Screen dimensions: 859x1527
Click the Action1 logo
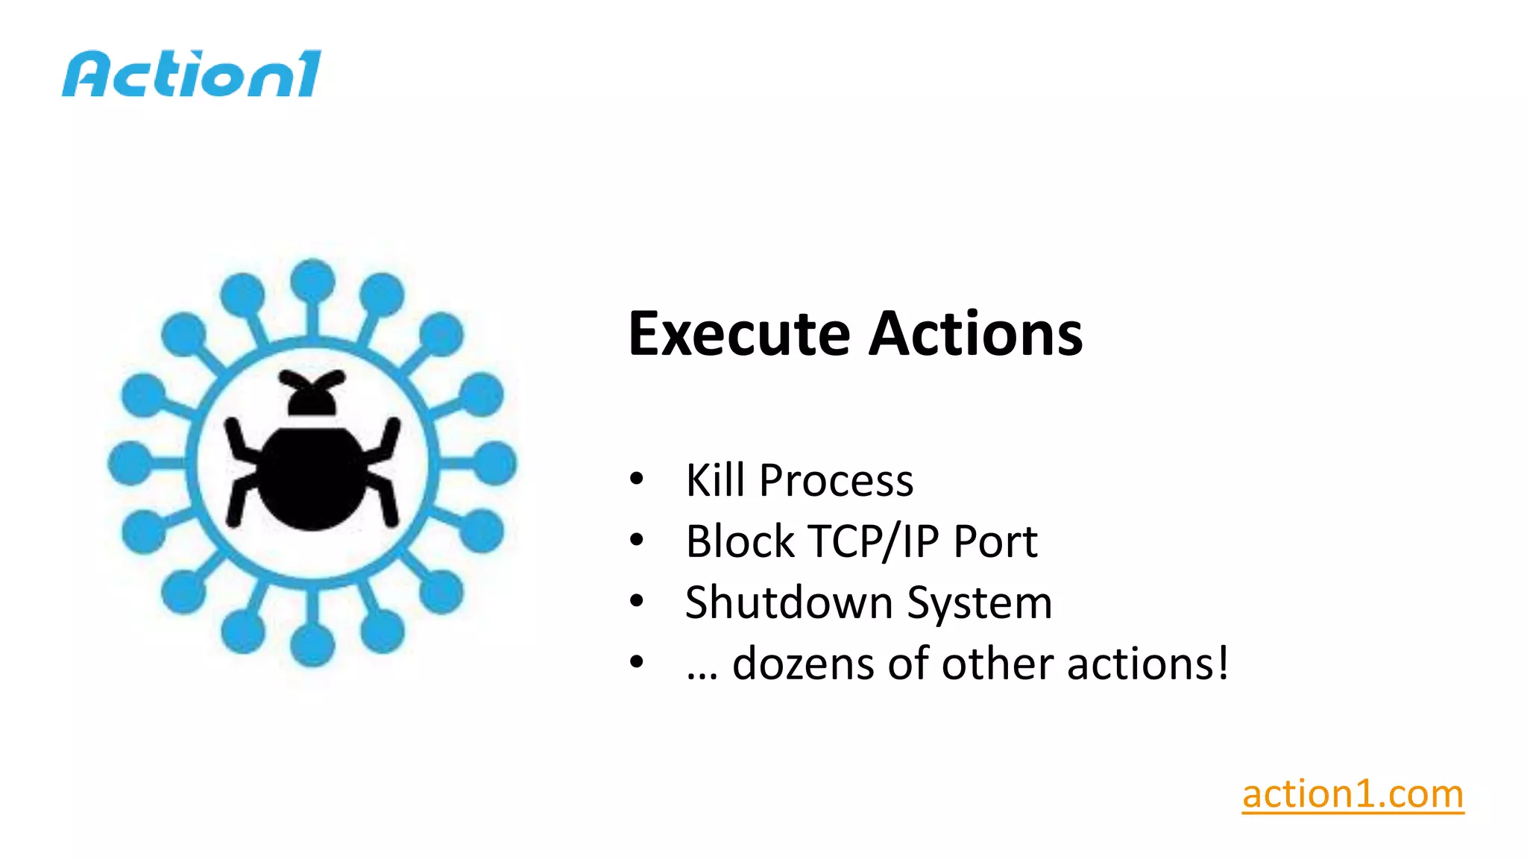(x=192, y=74)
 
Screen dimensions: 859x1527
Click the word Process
(x=836, y=481)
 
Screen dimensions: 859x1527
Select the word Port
(x=995, y=541)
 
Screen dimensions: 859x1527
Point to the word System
(x=980, y=604)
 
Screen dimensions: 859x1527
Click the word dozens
(x=802, y=664)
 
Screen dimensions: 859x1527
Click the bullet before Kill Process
(x=636, y=479)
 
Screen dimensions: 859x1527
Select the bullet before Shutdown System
(x=636, y=601)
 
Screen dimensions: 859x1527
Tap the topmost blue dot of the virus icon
(x=312, y=280)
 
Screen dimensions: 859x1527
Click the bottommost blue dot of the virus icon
(x=312, y=645)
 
